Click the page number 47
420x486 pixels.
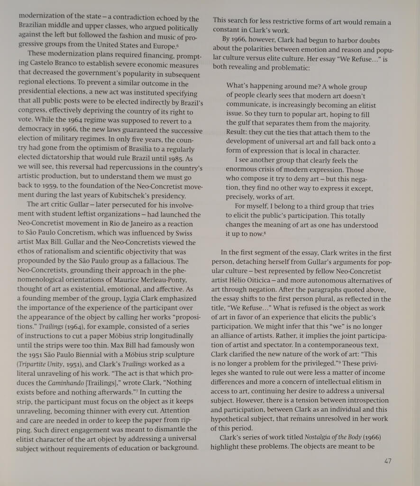pyautogui.click(x=387, y=461)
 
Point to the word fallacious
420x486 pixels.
pyautogui.click(x=159, y=261)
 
